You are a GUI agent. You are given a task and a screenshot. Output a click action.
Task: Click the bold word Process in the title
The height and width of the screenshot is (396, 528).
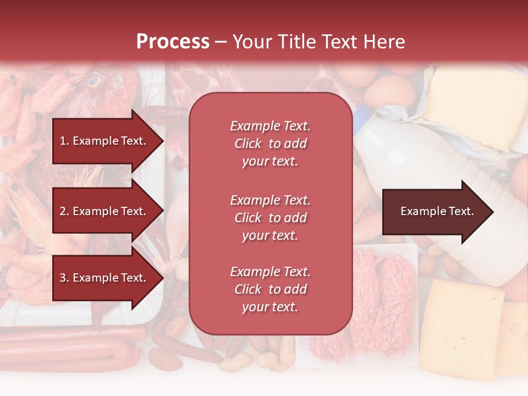[x=173, y=42]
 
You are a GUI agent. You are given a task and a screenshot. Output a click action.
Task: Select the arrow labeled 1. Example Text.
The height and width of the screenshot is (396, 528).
[x=105, y=141]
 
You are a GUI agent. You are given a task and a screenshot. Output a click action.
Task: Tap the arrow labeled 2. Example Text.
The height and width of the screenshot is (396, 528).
[x=105, y=211]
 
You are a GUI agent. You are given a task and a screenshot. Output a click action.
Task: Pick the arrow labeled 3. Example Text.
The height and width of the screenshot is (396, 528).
[x=105, y=278]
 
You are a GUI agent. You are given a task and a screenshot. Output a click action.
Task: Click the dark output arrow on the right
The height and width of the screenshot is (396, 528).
[x=435, y=212]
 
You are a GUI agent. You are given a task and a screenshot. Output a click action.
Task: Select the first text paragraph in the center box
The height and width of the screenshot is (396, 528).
[x=270, y=144]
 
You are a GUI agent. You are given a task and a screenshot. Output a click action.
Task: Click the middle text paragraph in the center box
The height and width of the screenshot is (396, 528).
[x=270, y=218]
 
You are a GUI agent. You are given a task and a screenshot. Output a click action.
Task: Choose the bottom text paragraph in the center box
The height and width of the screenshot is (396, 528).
[x=270, y=289]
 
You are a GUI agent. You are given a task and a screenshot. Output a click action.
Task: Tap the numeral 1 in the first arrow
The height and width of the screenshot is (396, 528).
[x=63, y=141]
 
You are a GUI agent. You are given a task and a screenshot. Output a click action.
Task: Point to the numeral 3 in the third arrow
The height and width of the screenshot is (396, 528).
[x=63, y=278]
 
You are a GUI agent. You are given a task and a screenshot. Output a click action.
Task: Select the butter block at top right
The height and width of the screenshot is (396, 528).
[x=473, y=107]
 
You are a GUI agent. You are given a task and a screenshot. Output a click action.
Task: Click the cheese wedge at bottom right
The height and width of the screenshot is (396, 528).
[x=465, y=324]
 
